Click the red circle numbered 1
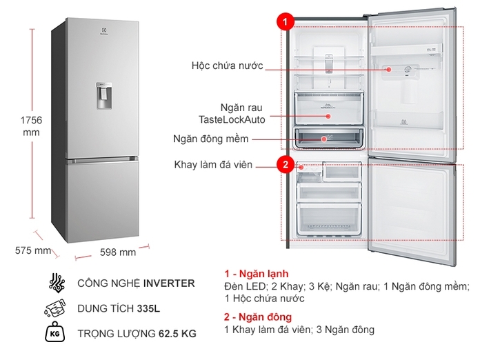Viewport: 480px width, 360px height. (283, 22)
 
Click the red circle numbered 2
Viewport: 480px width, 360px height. (283, 165)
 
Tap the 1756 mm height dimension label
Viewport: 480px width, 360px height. (30, 126)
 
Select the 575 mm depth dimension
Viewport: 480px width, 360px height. (33, 250)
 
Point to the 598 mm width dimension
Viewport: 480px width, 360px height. (118, 252)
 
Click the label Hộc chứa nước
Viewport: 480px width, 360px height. (227, 66)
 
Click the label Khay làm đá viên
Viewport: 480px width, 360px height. (213, 165)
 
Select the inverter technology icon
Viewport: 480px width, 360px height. (56, 283)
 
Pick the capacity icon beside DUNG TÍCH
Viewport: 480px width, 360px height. (56, 308)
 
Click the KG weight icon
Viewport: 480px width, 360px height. (56, 334)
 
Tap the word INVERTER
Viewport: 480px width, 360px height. (170, 283)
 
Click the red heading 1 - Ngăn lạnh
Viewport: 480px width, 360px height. (256, 273)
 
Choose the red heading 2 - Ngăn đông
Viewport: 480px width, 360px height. (258, 317)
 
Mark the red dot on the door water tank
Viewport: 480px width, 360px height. (389, 69)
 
